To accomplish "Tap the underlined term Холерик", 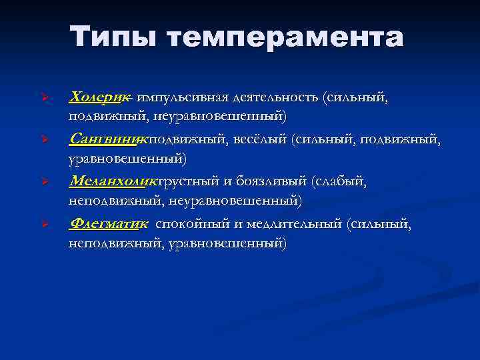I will click(x=99, y=97).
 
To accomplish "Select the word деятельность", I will click(x=275, y=98).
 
